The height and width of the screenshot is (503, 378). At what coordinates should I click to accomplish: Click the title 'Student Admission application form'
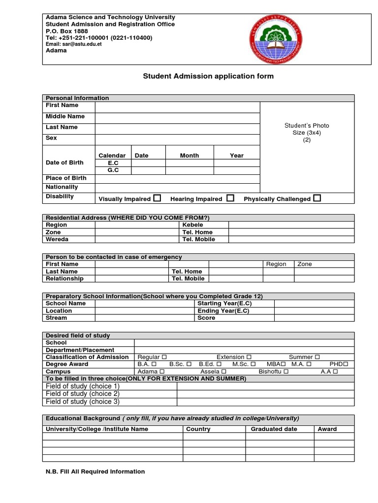coord(208,76)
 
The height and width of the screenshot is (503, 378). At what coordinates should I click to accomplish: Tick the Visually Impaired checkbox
coord(157,198)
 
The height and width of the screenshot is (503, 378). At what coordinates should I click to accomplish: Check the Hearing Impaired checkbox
coord(230,198)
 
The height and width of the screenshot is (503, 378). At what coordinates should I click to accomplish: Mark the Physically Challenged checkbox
coord(317,198)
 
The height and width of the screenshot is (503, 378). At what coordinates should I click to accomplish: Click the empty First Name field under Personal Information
coord(177,107)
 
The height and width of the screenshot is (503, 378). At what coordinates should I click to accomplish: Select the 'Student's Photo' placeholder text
coord(307,126)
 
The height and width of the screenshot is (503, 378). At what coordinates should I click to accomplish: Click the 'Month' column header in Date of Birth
coord(189,155)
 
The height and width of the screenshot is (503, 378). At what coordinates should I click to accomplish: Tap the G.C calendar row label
coord(113,170)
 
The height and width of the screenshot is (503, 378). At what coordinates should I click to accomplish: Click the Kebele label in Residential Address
coord(192,225)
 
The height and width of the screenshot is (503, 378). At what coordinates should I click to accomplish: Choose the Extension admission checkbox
coord(249,357)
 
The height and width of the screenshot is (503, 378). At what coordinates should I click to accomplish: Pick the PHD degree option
coord(346,364)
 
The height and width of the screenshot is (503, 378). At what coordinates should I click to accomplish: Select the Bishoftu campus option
coord(286,372)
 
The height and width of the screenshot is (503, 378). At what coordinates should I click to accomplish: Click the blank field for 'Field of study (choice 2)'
coord(265,394)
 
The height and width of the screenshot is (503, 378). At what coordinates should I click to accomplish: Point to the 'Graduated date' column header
coord(274,429)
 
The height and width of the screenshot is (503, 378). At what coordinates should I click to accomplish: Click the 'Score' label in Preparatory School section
coord(206,318)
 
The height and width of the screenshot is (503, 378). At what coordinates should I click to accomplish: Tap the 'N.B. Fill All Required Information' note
coord(95,472)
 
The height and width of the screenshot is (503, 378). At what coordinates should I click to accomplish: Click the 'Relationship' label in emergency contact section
coord(64,279)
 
